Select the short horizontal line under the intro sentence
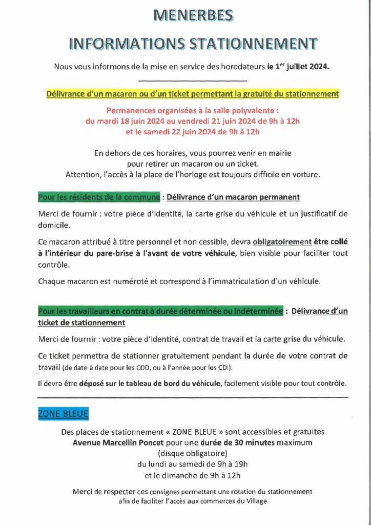point(193,81)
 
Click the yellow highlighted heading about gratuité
point(193,94)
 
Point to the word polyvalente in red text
point(255,110)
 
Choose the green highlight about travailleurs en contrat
point(160,311)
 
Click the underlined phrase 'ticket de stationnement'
point(81,322)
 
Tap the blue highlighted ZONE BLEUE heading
point(63,414)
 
